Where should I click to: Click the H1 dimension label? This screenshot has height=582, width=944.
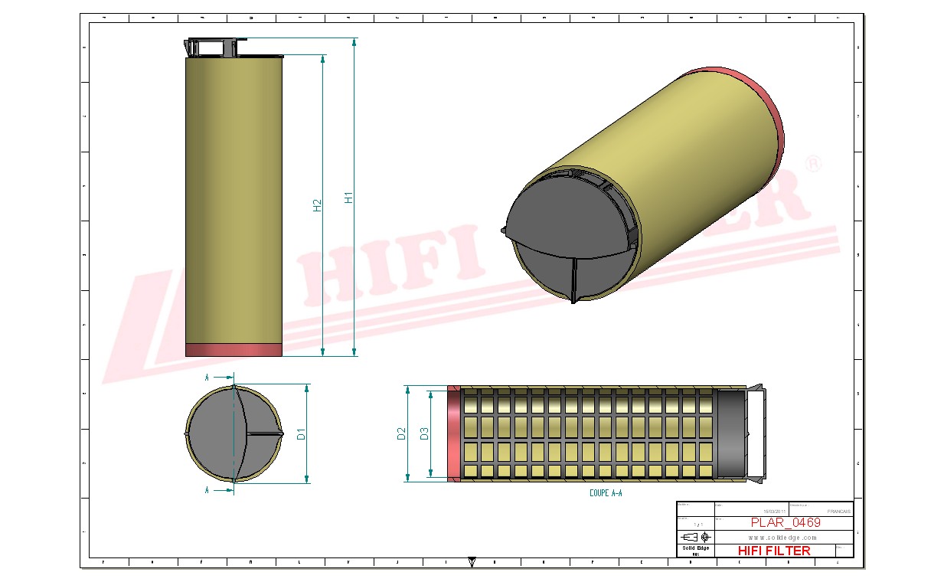349,196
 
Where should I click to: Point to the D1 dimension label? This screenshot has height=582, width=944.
302,434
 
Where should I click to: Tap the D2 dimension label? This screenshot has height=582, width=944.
401,434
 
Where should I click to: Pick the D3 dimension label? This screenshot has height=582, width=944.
424,434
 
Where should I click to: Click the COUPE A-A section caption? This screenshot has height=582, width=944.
606,494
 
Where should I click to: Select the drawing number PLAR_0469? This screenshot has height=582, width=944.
785,523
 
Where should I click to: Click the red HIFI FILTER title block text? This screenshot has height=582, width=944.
773,551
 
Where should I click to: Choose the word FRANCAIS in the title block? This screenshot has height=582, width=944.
839,511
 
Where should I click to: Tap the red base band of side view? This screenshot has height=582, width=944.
234,350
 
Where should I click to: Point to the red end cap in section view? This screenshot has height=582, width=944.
454,434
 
